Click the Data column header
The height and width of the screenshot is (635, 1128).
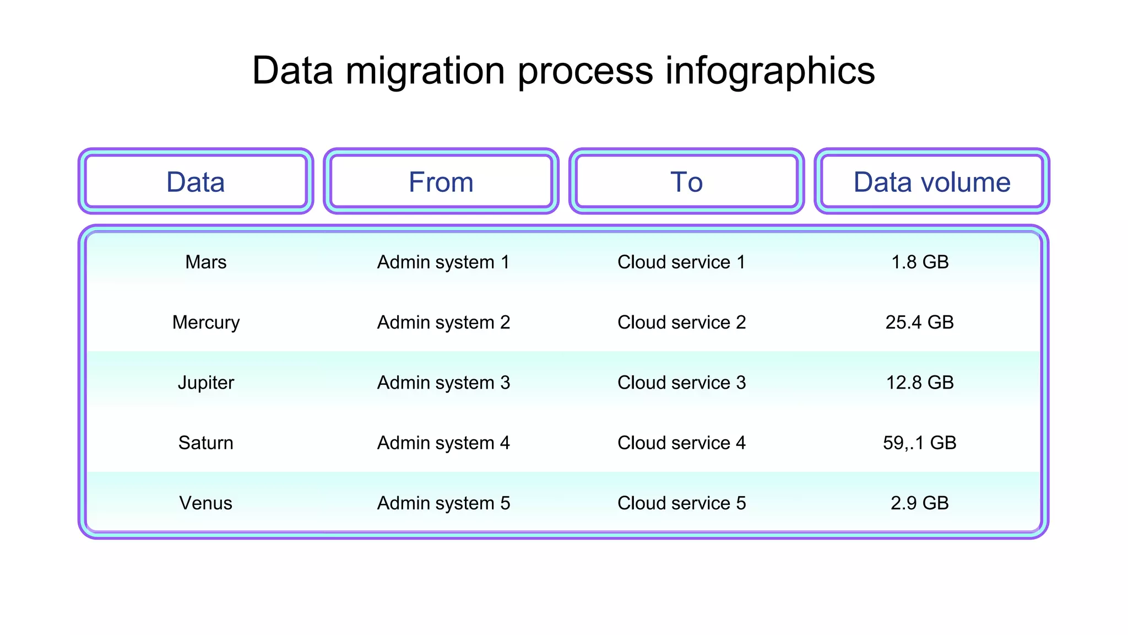(x=196, y=182)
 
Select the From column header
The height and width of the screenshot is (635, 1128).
(x=441, y=182)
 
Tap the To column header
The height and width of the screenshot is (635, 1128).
(x=686, y=182)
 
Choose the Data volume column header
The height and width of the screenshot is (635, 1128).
(x=931, y=182)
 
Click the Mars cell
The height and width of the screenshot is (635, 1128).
(x=205, y=262)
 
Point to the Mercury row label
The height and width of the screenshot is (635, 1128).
(x=205, y=322)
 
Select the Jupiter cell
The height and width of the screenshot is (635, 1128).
(x=205, y=383)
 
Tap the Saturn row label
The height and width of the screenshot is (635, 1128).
(x=205, y=443)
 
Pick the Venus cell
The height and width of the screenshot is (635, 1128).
(x=205, y=503)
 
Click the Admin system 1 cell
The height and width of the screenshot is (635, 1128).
(x=443, y=262)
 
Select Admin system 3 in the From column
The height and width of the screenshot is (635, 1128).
(x=443, y=383)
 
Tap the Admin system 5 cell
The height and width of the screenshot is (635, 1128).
(x=443, y=503)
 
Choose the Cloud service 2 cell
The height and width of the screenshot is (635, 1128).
(x=681, y=322)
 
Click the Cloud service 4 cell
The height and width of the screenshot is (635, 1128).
(x=681, y=443)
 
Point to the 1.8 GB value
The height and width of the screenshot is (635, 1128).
(x=920, y=262)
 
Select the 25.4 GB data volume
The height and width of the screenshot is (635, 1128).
(x=919, y=322)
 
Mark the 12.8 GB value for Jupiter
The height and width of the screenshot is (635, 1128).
(x=919, y=383)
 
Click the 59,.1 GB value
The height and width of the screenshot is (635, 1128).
(x=919, y=443)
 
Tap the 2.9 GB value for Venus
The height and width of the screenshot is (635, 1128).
(x=919, y=503)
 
